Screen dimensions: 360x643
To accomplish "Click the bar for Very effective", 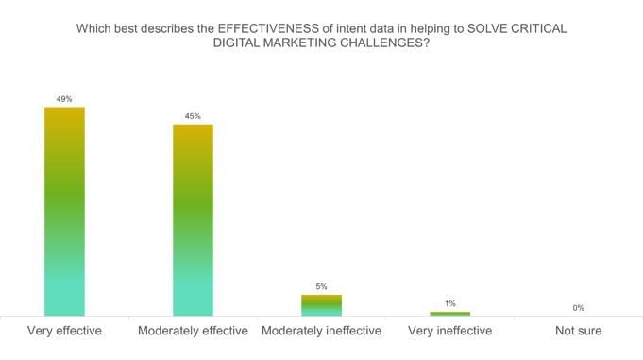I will point(64,211).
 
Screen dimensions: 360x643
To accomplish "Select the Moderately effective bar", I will point(193,219).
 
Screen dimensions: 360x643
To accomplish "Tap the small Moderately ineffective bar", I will point(321,304).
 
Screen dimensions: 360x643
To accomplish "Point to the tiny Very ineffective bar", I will point(449,313).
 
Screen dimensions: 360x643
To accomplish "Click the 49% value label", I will point(64,98).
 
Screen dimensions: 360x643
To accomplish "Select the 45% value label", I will point(193,116).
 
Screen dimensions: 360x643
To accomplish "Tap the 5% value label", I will point(321,286).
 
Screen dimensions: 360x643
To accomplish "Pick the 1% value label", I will point(449,303).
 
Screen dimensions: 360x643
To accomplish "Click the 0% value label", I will point(578,307).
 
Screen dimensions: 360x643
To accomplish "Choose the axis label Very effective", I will point(64,331).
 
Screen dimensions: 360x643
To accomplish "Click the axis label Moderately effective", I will point(193,331).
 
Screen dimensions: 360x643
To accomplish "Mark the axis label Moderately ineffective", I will point(321,331).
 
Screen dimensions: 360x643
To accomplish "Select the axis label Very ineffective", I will point(449,331).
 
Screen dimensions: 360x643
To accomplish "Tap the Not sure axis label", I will point(578,331).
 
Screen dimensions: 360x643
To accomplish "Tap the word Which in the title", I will point(93,28).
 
